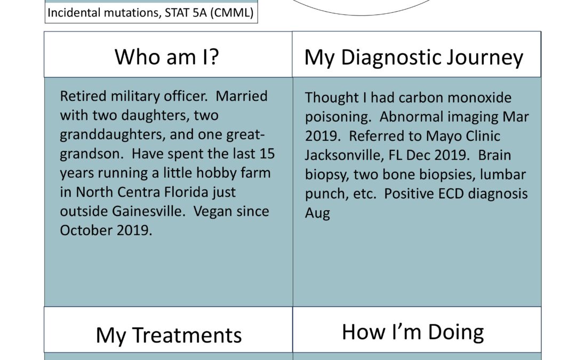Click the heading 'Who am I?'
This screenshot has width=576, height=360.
(x=167, y=57)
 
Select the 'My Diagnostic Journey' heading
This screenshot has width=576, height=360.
(x=414, y=58)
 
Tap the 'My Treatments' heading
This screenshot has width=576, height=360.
(x=169, y=335)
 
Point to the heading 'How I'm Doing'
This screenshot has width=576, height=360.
(x=412, y=332)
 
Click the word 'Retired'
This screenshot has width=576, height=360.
(x=83, y=96)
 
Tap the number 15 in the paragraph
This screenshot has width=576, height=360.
(x=267, y=154)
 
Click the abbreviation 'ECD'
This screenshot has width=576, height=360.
(x=453, y=194)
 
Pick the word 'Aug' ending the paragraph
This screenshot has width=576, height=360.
(x=317, y=213)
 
